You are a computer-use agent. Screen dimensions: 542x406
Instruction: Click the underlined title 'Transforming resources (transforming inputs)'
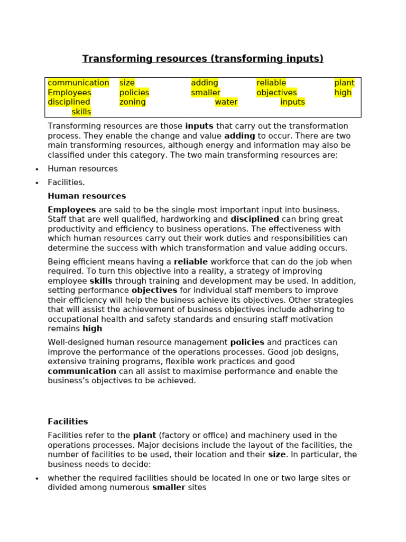click(x=202, y=59)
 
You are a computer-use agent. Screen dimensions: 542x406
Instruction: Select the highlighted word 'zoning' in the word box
click(x=132, y=102)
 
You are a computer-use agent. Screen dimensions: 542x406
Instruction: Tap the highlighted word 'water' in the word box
click(x=226, y=102)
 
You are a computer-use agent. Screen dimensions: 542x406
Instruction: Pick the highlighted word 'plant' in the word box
click(x=344, y=83)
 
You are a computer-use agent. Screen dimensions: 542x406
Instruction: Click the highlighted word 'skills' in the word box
click(x=81, y=112)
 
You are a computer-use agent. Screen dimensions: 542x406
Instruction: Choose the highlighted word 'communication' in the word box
click(x=78, y=83)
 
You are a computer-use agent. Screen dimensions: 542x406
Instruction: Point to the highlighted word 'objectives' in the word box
click(x=276, y=93)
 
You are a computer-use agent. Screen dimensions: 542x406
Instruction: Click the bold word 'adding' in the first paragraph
click(x=239, y=136)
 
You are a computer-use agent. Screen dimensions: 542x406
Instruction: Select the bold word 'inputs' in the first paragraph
click(x=199, y=126)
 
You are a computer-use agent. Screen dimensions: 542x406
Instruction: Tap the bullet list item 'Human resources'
click(x=82, y=169)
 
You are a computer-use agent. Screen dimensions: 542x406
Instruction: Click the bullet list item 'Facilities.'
click(x=66, y=183)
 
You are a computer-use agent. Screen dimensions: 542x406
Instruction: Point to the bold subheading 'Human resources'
click(x=87, y=196)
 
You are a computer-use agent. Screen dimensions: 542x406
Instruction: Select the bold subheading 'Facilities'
click(x=68, y=422)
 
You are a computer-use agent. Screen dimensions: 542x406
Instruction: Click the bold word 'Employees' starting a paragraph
click(x=72, y=210)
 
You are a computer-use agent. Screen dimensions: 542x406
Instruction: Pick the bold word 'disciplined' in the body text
click(x=255, y=219)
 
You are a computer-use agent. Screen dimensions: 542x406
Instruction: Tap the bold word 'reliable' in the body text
click(x=191, y=262)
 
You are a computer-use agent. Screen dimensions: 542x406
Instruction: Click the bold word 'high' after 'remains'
click(x=93, y=329)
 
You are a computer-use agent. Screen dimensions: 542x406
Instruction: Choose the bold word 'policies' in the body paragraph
click(x=247, y=342)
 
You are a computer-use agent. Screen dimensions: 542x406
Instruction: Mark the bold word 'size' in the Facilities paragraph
click(x=276, y=455)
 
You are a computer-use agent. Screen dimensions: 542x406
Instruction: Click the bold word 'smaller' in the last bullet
click(x=169, y=487)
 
